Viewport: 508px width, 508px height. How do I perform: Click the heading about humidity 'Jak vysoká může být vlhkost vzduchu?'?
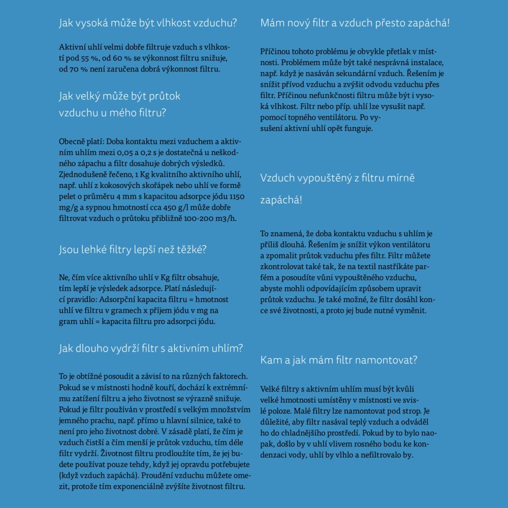148,23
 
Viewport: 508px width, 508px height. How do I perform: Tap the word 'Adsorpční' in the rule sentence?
117,299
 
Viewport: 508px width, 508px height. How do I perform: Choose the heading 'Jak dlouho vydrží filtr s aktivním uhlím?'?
151,348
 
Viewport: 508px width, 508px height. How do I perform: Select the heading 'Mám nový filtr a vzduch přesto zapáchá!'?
355,23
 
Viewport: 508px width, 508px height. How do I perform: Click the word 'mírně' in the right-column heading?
402,178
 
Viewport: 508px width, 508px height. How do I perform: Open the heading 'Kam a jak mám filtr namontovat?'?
339,360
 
